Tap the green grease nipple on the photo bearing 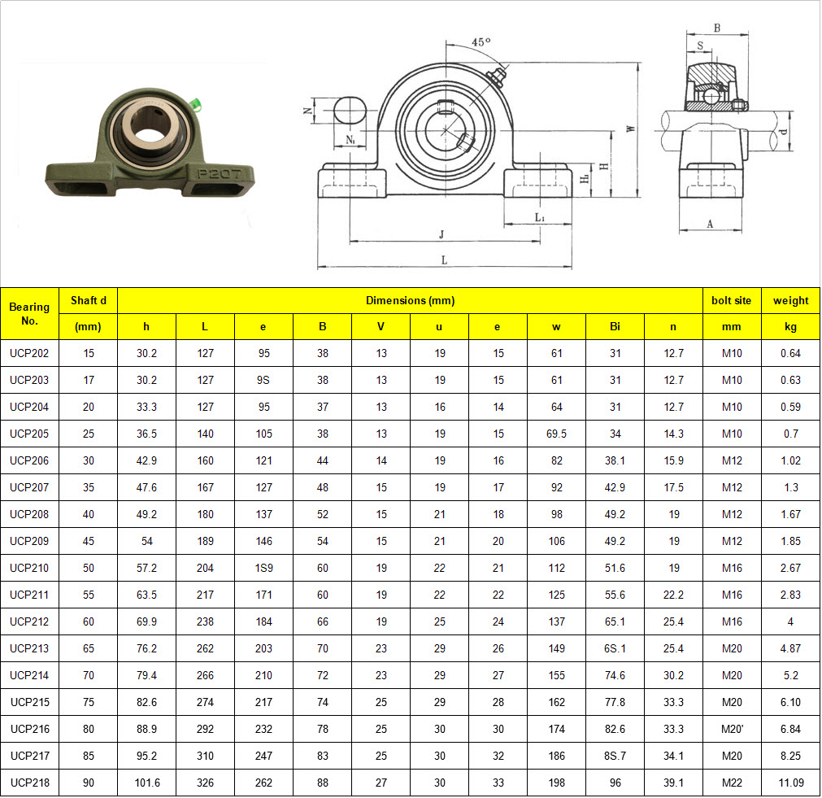tap(194, 104)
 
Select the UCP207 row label tap(29, 487)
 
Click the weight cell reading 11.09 tap(790, 783)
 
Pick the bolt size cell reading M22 tap(732, 783)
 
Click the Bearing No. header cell tap(29, 313)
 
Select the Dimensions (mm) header tap(410, 300)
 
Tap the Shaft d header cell tap(88, 300)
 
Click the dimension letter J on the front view tap(441, 234)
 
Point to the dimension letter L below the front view tap(444, 259)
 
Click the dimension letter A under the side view tap(710, 225)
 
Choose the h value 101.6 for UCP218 tap(146, 783)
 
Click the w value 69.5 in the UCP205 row tap(556, 434)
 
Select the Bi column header tap(615, 326)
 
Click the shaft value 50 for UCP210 tap(88, 568)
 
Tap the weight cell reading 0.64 tap(790, 353)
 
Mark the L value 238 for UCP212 tap(205, 621)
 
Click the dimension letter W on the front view tap(630, 129)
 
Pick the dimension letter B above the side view tap(716, 28)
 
